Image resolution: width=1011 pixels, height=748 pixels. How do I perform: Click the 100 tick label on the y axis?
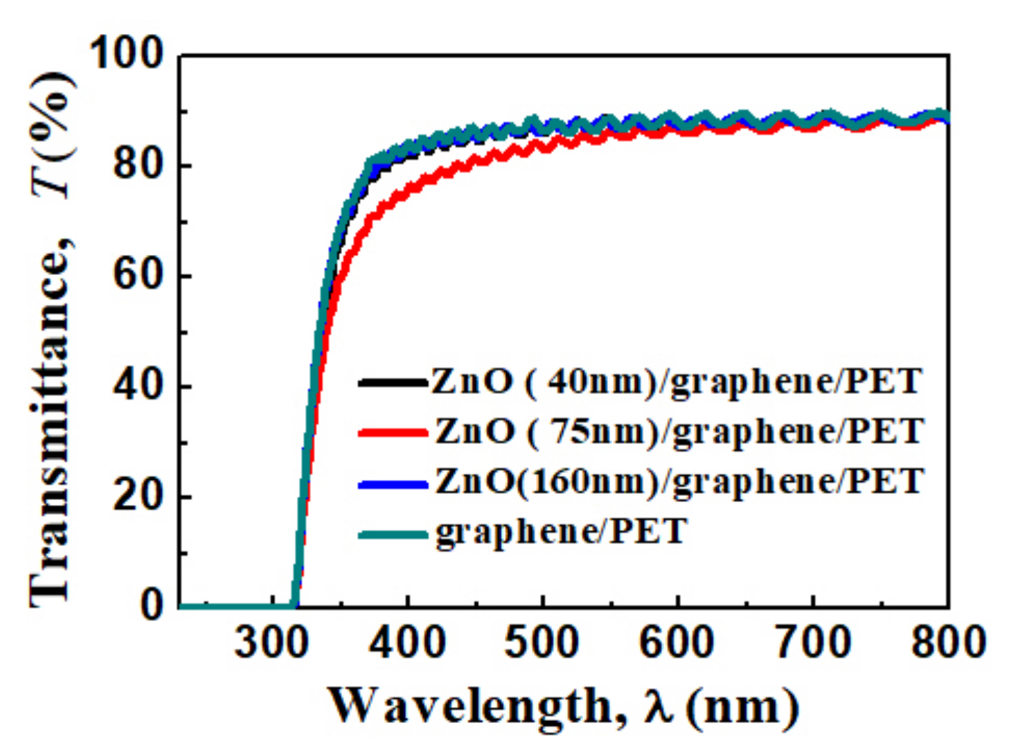[127, 53]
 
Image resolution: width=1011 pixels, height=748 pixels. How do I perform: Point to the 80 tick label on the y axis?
[138, 165]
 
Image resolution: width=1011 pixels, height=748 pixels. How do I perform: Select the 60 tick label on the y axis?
[138, 275]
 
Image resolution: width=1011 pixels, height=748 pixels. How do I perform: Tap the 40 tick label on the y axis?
[138, 386]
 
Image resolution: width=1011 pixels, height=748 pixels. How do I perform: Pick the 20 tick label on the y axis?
[138, 496]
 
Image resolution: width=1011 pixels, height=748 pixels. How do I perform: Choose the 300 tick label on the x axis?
[271, 642]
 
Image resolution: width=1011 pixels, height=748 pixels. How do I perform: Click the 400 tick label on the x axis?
[407, 642]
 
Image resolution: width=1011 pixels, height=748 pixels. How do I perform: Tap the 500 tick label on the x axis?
[542, 642]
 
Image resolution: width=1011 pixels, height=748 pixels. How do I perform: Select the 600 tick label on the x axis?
[677, 642]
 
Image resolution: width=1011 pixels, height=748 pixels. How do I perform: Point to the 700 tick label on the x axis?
[812, 642]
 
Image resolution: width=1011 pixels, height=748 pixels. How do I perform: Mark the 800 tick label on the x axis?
[947, 642]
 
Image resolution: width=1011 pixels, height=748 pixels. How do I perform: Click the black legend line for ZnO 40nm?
[392, 382]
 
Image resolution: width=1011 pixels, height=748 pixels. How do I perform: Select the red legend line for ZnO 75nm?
[392, 433]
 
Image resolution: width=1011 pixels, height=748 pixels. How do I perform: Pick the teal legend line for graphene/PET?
[392, 534]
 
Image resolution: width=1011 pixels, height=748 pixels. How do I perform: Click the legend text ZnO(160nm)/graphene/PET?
[679, 481]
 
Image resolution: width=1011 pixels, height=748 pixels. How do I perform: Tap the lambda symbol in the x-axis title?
[659, 706]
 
